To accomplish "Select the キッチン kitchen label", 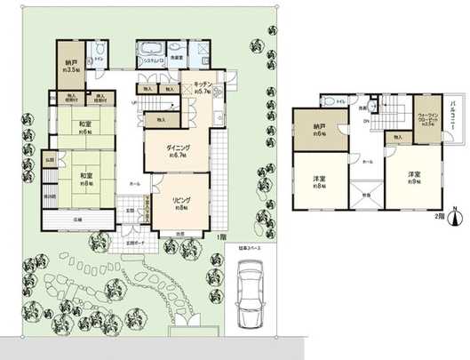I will (196, 88).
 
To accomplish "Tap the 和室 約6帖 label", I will (86, 126).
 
